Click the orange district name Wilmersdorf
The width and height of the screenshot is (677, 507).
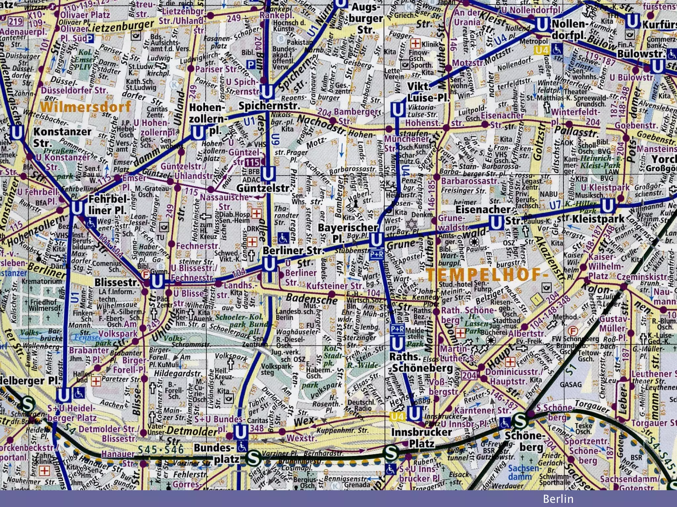[86, 107]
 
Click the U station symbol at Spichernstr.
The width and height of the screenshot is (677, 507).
[266, 91]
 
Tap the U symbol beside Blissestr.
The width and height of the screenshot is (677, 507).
[156, 282]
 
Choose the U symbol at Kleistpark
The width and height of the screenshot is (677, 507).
[607, 206]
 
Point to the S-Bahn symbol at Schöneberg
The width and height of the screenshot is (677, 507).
[520, 421]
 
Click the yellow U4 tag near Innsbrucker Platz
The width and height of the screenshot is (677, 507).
[397, 417]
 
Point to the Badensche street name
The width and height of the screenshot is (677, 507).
[311, 298]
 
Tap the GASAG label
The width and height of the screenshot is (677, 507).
[571, 384]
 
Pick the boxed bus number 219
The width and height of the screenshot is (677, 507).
[15, 22]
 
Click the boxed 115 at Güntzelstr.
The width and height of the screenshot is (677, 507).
[252, 162]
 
